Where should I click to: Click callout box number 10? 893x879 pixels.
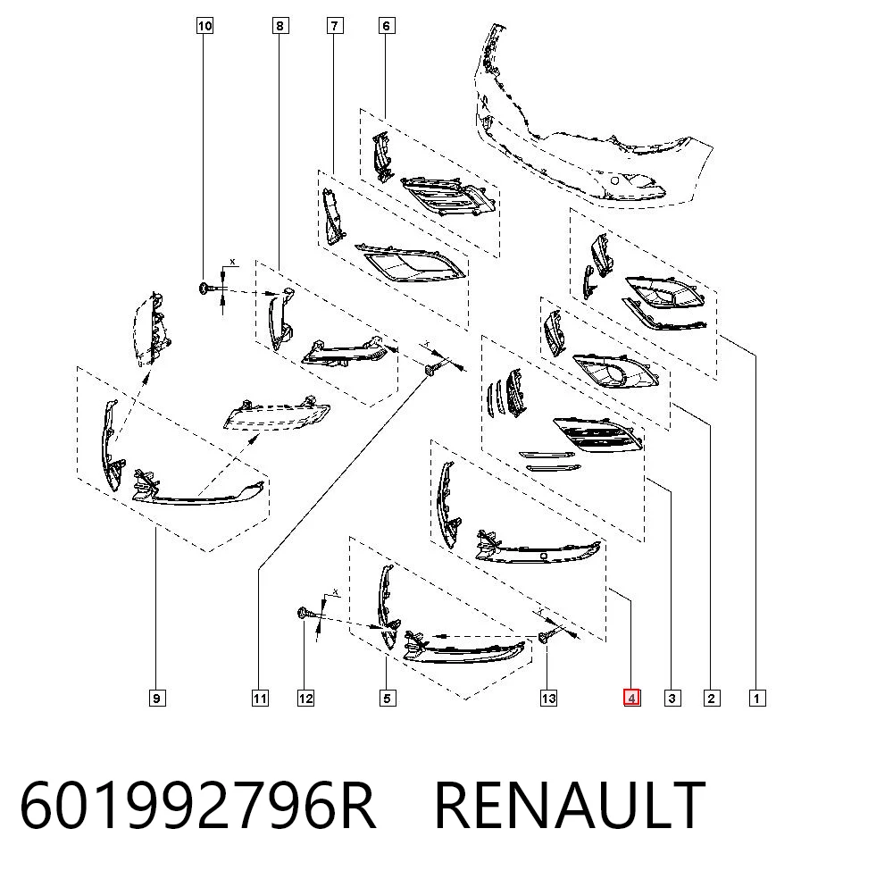204,26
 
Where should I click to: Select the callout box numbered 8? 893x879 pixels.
280,26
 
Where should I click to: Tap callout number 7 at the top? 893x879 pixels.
335,26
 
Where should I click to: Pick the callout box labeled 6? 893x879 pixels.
387,26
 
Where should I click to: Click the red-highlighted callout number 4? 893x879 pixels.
631,698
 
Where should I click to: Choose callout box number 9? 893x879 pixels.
156,698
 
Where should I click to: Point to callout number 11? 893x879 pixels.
260,698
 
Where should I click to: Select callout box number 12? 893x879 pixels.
305,698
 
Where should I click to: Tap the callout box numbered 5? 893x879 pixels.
388,698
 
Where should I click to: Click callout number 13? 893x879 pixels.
548,698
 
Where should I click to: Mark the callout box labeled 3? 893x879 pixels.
672,698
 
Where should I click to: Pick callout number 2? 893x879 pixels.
712,698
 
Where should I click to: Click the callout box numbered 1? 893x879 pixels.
757,698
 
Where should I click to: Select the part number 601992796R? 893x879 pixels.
197,805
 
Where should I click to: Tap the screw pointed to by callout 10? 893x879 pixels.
205,289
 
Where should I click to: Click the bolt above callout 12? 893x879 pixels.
305,614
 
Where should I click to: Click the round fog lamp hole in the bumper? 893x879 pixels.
614,181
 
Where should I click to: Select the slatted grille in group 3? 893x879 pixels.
598,434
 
